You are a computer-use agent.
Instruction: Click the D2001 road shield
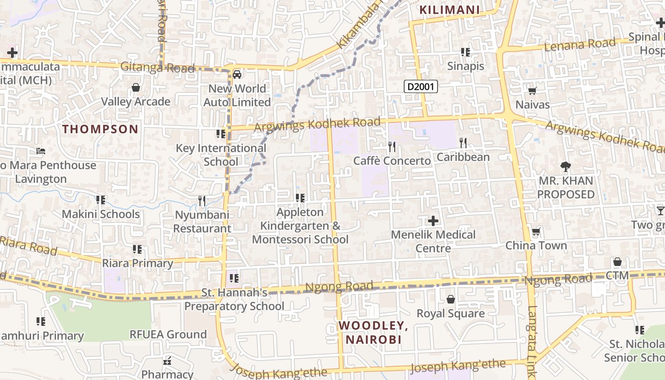(420, 86)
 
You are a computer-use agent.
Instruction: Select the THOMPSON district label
(100, 129)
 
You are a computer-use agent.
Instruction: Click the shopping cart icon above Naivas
(532, 91)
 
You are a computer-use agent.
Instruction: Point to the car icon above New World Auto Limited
(237, 74)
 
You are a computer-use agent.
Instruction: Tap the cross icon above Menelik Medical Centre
(433, 221)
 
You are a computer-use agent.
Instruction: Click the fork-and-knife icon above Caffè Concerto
(392, 146)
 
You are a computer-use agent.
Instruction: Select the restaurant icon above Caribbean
(463, 142)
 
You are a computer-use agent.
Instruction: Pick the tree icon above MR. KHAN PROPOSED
(565, 167)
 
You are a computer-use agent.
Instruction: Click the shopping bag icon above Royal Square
(450, 299)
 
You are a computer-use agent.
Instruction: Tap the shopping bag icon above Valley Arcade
(136, 87)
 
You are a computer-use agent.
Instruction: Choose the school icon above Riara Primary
(137, 249)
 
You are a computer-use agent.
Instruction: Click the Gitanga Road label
(157, 67)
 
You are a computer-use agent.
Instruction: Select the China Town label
(536, 246)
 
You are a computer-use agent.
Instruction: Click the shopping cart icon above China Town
(536, 232)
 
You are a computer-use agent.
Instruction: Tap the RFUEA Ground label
(168, 334)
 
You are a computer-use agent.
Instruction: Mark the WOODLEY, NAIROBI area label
(373, 332)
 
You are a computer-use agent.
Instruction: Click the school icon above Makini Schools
(100, 200)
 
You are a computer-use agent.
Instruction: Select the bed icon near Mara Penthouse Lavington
(41, 151)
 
